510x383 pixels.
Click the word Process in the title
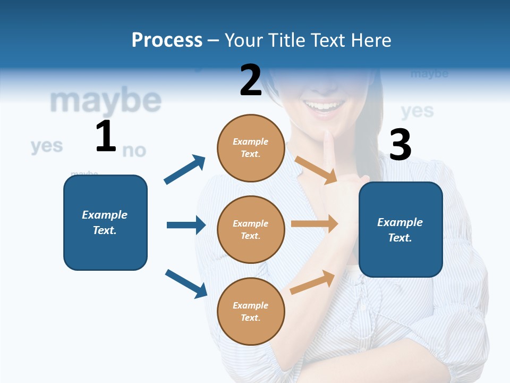pyautogui.click(x=167, y=40)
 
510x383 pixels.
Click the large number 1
pyautogui.click(x=106, y=136)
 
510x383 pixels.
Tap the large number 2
pyautogui.click(x=251, y=80)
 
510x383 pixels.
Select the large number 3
pyautogui.click(x=400, y=145)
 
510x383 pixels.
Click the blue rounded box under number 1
pyautogui.click(x=105, y=222)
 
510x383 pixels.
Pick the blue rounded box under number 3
pyautogui.click(x=401, y=229)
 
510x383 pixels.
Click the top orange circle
pyautogui.click(x=251, y=147)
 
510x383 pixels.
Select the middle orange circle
pyautogui.click(x=251, y=229)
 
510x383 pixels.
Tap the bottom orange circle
pyautogui.click(x=251, y=311)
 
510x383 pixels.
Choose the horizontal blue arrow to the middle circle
pyautogui.click(x=186, y=225)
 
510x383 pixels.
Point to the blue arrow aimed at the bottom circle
pyautogui.click(x=186, y=283)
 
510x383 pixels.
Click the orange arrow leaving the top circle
pyautogui.click(x=316, y=170)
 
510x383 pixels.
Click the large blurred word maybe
pyautogui.click(x=105, y=101)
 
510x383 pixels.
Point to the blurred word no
pyautogui.click(x=134, y=151)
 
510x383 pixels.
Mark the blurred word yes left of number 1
pyautogui.click(x=47, y=146)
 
